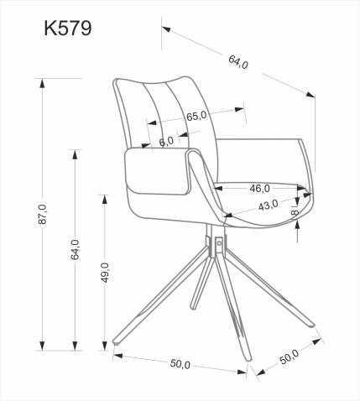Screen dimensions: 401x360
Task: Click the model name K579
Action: point(68,28)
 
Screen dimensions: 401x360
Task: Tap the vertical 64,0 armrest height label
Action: point(75,250)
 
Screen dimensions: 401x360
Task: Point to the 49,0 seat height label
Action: point(105,273)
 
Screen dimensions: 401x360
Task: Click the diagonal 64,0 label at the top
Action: point(238,62)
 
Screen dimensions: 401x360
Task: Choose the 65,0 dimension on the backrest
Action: point(197,117)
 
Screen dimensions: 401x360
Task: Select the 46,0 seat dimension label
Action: point(259,188)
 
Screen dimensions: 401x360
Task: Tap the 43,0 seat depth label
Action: point(269,206)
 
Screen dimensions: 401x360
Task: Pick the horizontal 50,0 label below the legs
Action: point(180,364)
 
